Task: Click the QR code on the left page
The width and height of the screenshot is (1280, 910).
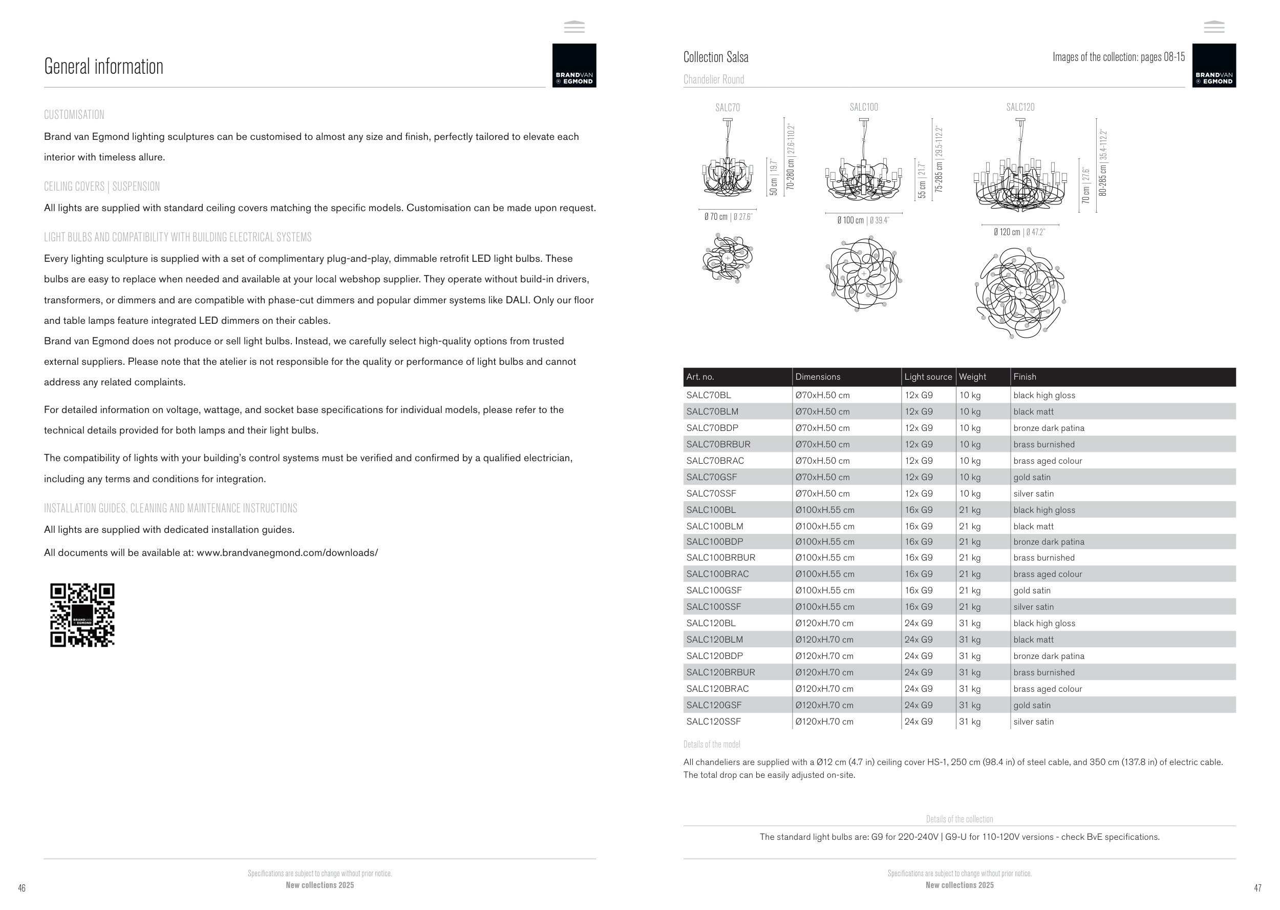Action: coord(82,615)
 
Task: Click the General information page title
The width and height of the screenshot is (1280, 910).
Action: coord(103,67)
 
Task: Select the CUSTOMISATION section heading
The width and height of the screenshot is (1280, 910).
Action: coord(74,115)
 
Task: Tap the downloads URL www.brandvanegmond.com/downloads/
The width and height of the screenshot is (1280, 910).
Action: coord(287,553)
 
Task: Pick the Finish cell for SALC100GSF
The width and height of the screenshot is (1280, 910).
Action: coord(1032,591)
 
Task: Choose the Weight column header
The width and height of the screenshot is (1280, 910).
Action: coord(973,377)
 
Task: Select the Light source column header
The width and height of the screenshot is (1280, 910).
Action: coord(928,377)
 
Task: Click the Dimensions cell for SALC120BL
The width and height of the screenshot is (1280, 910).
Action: coord(824,623)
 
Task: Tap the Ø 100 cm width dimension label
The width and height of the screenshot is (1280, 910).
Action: coord(850,221)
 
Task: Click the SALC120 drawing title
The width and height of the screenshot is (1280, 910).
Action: coord(1020,107)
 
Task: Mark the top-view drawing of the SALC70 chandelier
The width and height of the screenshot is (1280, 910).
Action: coord(728,258)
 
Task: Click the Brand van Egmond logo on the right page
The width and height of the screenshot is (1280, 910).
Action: coord(1214,66)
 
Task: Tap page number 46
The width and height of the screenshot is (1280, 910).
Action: coord(22,887)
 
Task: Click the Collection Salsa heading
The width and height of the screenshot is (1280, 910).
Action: coord(716,57)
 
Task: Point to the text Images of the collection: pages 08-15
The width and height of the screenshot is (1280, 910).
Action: coord(1118,57)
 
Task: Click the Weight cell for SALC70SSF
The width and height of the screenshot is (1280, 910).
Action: coord(970,493)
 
